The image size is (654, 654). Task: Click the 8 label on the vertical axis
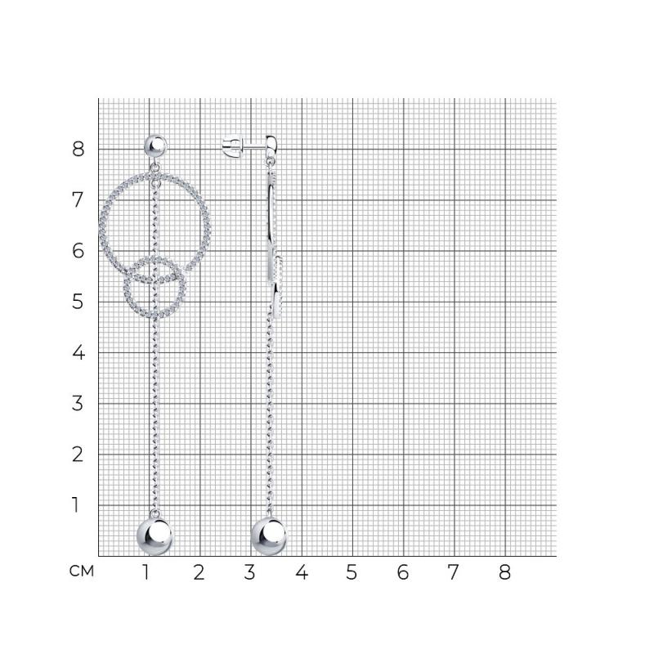coord(78,149)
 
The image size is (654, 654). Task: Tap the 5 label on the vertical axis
coord(78,302)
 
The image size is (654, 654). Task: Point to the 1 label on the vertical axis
coord(76,504)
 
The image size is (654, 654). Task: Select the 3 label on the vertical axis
coord(78,403)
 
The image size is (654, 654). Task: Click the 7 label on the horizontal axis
coord(454,572)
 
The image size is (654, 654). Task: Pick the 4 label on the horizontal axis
coord(302,572)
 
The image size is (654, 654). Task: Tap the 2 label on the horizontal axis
coord(199,572)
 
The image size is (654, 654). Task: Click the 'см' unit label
coord(82,571)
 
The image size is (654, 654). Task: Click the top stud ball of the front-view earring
coord(155,146)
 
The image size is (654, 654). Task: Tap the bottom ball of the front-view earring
coord(155,536)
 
